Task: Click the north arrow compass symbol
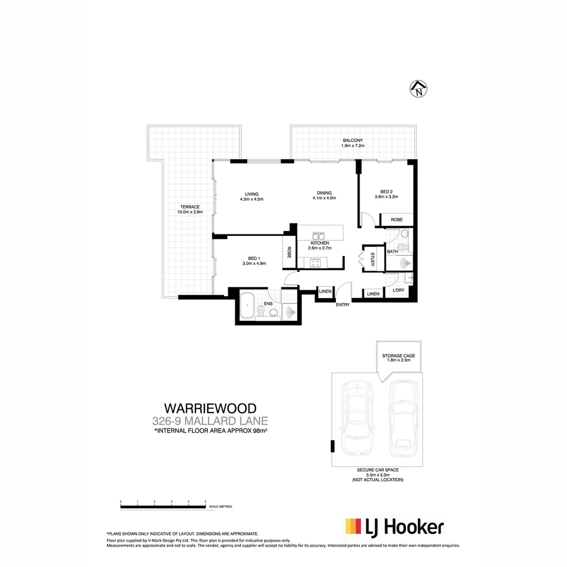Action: (x=418, y=89)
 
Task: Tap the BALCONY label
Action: (x=353, y=141)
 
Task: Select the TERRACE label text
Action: (x=190, y=206)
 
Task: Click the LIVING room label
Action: (x=251, y=193)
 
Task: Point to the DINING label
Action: (x=324, y=192)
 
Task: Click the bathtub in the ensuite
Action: (x=248, y=305)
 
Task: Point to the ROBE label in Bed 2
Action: (x=397, y=219)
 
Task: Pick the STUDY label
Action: (x=372, y=259)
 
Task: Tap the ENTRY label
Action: (x=342, y=304)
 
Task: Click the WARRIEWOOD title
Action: (x=210, y=408)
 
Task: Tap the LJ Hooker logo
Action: (x=394, y=527)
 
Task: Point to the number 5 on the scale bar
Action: (x=205, y=502)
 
